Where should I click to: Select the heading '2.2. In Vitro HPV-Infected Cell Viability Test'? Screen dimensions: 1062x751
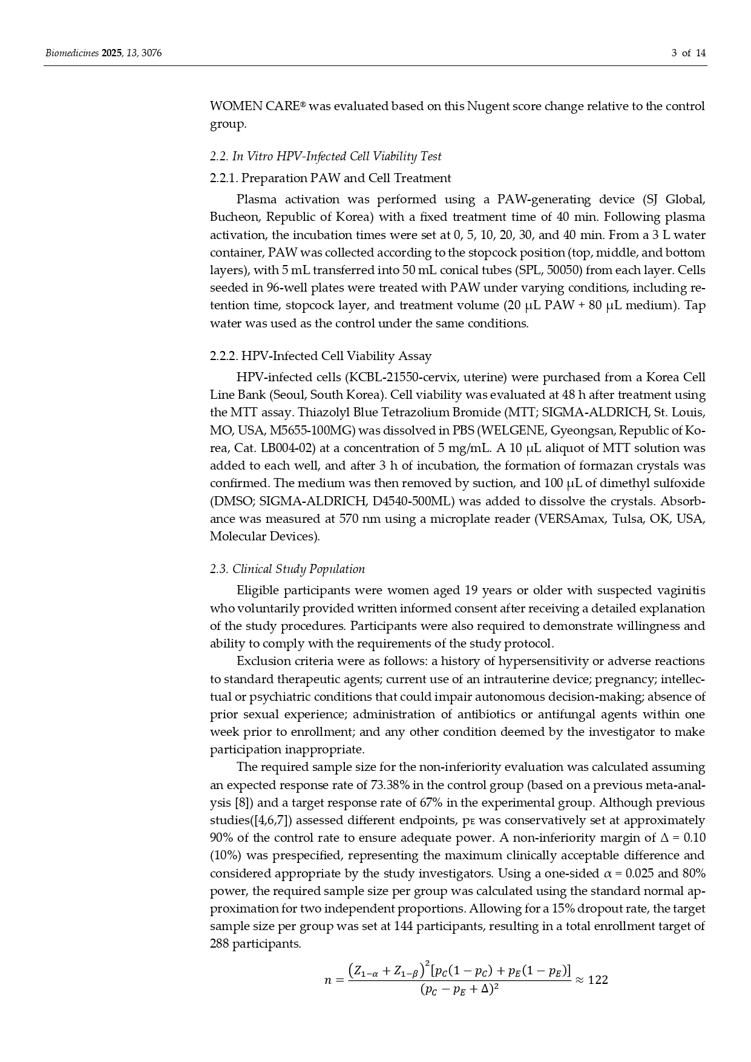326,157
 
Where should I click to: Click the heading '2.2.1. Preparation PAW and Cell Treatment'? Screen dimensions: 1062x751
330,178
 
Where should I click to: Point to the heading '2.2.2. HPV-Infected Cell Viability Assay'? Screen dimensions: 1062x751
321,356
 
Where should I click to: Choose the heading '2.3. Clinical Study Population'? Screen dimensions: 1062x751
287,569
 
